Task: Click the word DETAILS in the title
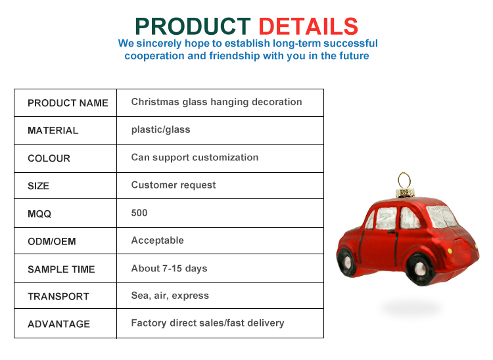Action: (308, 26)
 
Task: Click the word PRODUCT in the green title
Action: (193, 26)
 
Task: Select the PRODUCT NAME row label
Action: (68, 103)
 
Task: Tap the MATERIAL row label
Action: (53, 131)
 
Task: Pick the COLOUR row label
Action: (49, 158)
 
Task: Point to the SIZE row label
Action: (38, 186)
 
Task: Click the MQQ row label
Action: (39, 214)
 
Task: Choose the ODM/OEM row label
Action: (51, 241)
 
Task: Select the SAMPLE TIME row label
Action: (61, 269)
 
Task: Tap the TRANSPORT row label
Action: (58, 296)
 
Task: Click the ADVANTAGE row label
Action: (59, 324)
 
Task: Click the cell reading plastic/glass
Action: (160, 129)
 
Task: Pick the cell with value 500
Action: (139, 213)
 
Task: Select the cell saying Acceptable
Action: (157, 240)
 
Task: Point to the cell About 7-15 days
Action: (169, 268)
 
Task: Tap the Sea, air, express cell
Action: (170, 296)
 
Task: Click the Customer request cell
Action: (174, 185)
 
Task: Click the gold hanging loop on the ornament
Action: (403, 180)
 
